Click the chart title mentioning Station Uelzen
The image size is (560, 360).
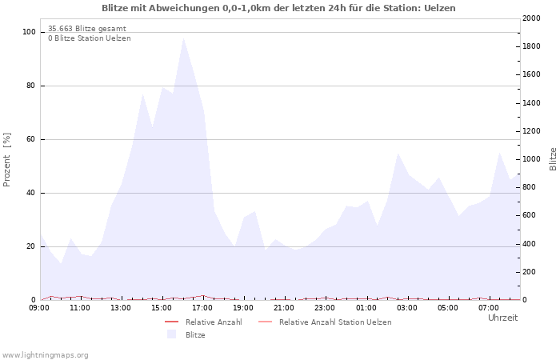coord(278,8)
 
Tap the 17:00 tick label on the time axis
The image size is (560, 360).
coord(202,308)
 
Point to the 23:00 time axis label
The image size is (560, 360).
coord(325,308)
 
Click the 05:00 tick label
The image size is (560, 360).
coord(448,308)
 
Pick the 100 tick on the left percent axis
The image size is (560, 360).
coord(30,32)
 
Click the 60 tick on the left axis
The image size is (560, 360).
coord(32,139)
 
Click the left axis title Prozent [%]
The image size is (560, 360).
coord(8,160)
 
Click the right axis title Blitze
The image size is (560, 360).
coord(553,158)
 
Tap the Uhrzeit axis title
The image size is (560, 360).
coord(502,318)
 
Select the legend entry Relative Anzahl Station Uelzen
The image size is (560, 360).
coord(335,322)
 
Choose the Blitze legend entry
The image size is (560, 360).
coord(195,335)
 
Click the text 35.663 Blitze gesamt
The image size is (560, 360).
coord(86,29)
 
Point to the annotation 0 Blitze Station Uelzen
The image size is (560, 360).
coord(89,38)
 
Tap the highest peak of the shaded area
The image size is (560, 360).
coord(183,38)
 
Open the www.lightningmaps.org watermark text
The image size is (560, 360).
coord(46,354)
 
